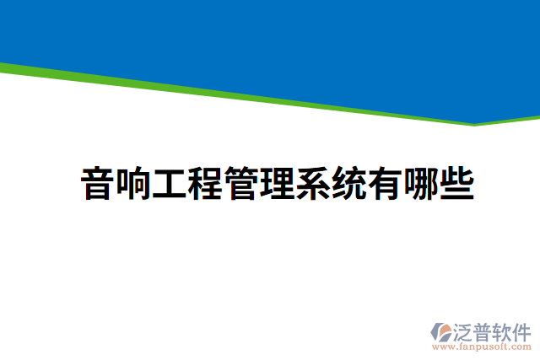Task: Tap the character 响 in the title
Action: click(x=133, y=183)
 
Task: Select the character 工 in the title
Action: click(x=169, y=183)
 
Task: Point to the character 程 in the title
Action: click(x=205, y=183)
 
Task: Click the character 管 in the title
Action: click(x=240, y=183)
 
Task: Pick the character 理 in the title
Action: click(x=277, y=183)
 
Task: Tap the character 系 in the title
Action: click(x=312, y=183)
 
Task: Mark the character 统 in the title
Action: click(x=348, y=183)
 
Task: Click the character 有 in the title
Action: click(x=384, y=183)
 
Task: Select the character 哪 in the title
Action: click(x=420, y=183)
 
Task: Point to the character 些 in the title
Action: click(x=456, y=183)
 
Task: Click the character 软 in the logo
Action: click(x=503, y=330)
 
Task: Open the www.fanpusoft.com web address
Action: click(x=482, y=346)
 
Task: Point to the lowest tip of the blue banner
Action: click(x=473, y=122)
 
